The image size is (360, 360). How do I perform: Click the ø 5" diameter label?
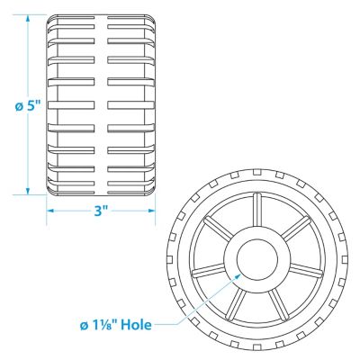27,107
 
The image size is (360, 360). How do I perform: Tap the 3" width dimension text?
101,211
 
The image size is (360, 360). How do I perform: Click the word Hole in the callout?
136,325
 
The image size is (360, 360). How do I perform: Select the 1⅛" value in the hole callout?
104,325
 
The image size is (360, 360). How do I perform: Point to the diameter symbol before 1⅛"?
85,326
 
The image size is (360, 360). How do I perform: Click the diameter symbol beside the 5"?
19,107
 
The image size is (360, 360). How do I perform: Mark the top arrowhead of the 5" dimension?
28,19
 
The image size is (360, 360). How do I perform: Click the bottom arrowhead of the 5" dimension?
28,191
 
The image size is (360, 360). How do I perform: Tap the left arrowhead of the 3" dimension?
50,211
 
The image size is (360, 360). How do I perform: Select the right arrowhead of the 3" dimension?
151,211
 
